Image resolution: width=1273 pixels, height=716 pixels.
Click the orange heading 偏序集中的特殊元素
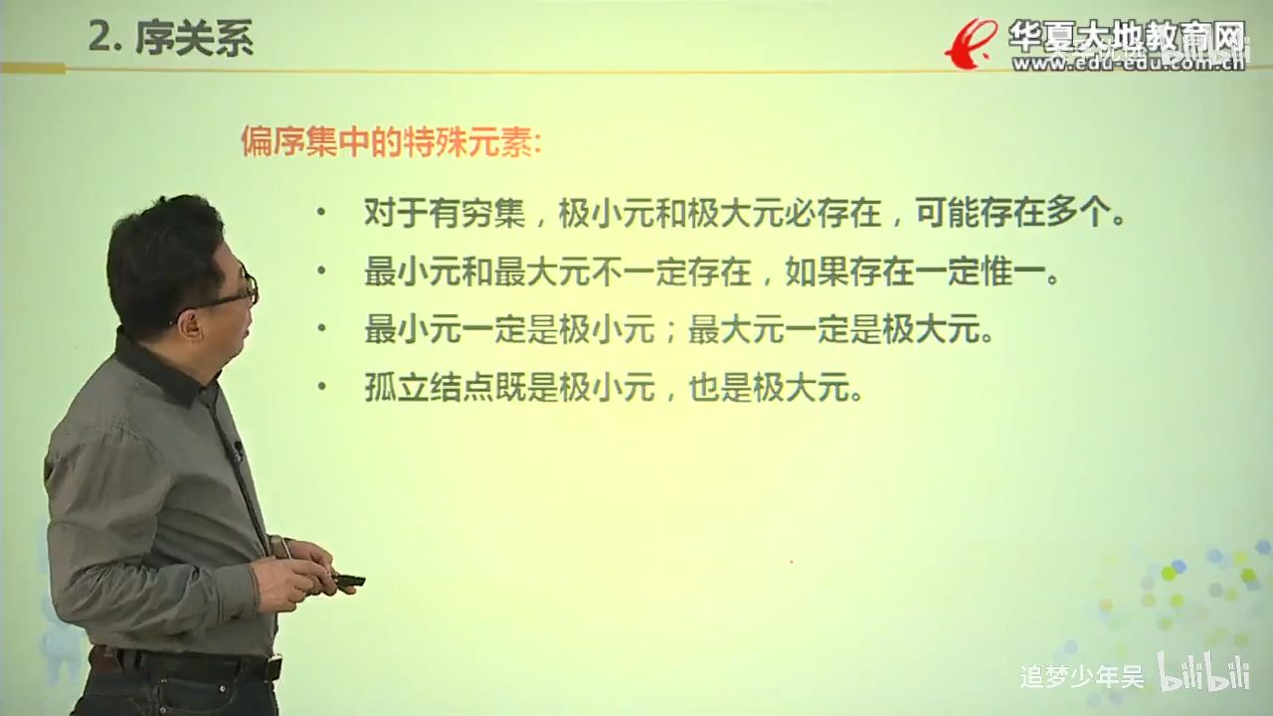[x=391, y=142]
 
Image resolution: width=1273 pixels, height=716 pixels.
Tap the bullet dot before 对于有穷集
[x=319, y=214]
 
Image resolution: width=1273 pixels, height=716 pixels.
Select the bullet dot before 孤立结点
[x=319, y=389]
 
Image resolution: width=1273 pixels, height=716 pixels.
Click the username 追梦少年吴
[x=1082, y=677]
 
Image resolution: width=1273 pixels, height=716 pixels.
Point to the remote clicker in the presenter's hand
[x=348, y=580]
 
